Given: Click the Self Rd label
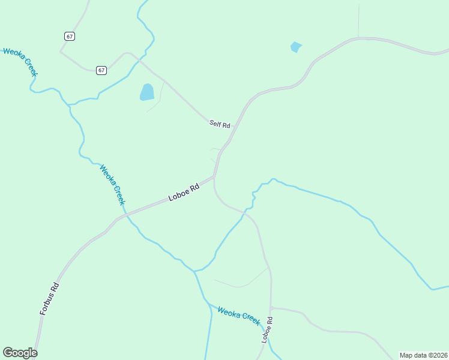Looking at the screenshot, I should click(x=220, y=125).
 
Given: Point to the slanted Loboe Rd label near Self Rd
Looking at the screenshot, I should click(x=184, y=193).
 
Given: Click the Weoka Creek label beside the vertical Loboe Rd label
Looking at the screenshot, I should click(x=239, y=316).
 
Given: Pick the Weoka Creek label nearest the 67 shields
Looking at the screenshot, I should click(x=20, y=61).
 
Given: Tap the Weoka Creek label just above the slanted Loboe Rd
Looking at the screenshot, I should click(x=112, y=184).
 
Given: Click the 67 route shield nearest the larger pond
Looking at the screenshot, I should click(x=101, y=70).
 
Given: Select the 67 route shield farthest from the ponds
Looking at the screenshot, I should click(x=70, y=37).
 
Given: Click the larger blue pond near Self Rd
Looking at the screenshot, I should click(x=147, y=92).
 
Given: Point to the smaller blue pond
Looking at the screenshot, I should click(x=295, y=47).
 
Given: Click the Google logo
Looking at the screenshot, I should click(x=20, y=353).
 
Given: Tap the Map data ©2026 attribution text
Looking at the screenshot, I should click(x=423, y=355).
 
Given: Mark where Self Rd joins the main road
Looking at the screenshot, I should click(x=229, y=142).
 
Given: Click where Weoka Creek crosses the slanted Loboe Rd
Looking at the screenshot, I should click(x=125, y=214).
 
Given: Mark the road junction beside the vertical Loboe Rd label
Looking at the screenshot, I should click(x=271, y=308).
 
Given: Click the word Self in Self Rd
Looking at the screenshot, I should click(x=215, y=123).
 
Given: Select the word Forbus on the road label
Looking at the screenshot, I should click(x=47, y=303).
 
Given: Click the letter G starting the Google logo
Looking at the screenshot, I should click(x=7, y=353).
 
